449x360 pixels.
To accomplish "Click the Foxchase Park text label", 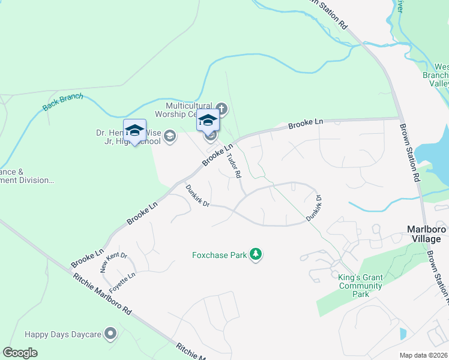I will (x=219, y=255).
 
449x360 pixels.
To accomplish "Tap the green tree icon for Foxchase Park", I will (x=256, y=254).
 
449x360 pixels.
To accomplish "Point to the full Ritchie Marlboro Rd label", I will (x=102, y=293).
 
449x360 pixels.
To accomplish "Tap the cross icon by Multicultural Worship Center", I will (x=221, y=109).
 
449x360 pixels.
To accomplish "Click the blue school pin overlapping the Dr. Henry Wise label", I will (x=135, y=131).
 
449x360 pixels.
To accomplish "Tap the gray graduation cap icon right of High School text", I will (x=170, y=136).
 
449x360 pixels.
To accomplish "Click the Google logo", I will (x=20, y=352).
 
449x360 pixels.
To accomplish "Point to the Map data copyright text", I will (x=423, y=355).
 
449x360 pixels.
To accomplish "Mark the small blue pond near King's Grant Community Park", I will (x=403, y=333).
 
